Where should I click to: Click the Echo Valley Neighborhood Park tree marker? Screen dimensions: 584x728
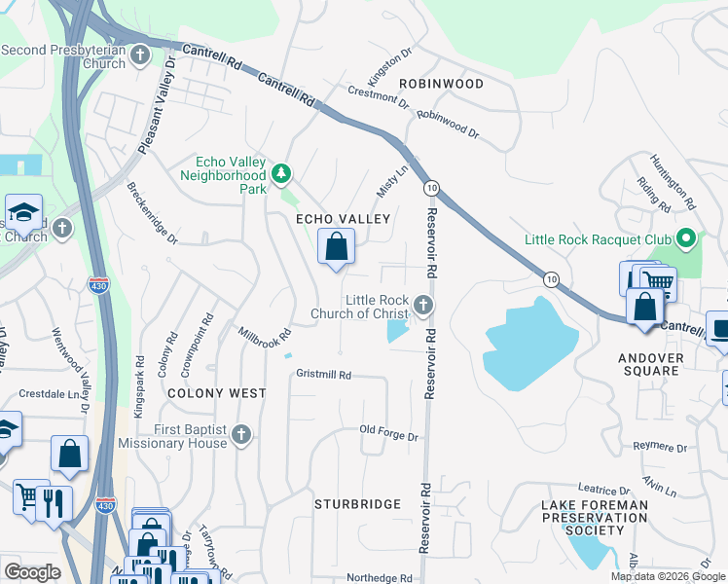coord(281,174)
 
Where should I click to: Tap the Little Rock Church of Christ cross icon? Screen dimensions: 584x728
coord(422,306)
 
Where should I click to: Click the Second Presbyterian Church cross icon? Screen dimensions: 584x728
coord(140,55)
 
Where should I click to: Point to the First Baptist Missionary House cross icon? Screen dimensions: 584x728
coord(241,435)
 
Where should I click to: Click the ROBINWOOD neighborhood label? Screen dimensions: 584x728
coord(441,84)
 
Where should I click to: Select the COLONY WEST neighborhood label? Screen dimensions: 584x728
coord(216,393)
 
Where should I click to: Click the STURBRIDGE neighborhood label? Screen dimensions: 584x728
coord(357,504)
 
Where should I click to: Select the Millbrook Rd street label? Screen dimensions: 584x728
coord(265,334)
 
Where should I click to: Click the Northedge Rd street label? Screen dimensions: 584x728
coord(380,577)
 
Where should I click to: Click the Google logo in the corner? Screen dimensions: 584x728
coord(32,571)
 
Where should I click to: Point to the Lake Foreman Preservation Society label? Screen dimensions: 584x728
coord(594,517)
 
